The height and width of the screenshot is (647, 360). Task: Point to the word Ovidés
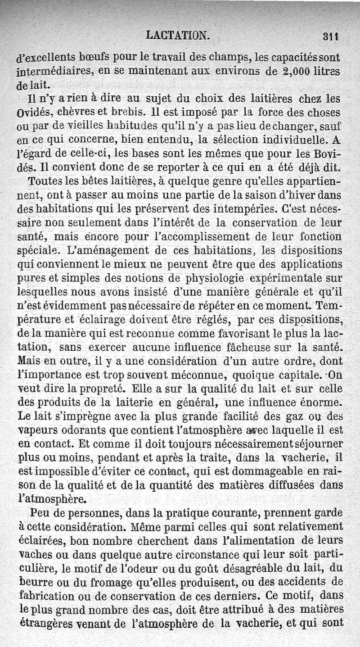(x=31, y=112)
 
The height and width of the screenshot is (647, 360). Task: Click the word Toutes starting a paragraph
(x=44, y=182)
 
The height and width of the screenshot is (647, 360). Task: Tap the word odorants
(x=73, y=429)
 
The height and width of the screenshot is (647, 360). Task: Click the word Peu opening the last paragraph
(x=39, y=513)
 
